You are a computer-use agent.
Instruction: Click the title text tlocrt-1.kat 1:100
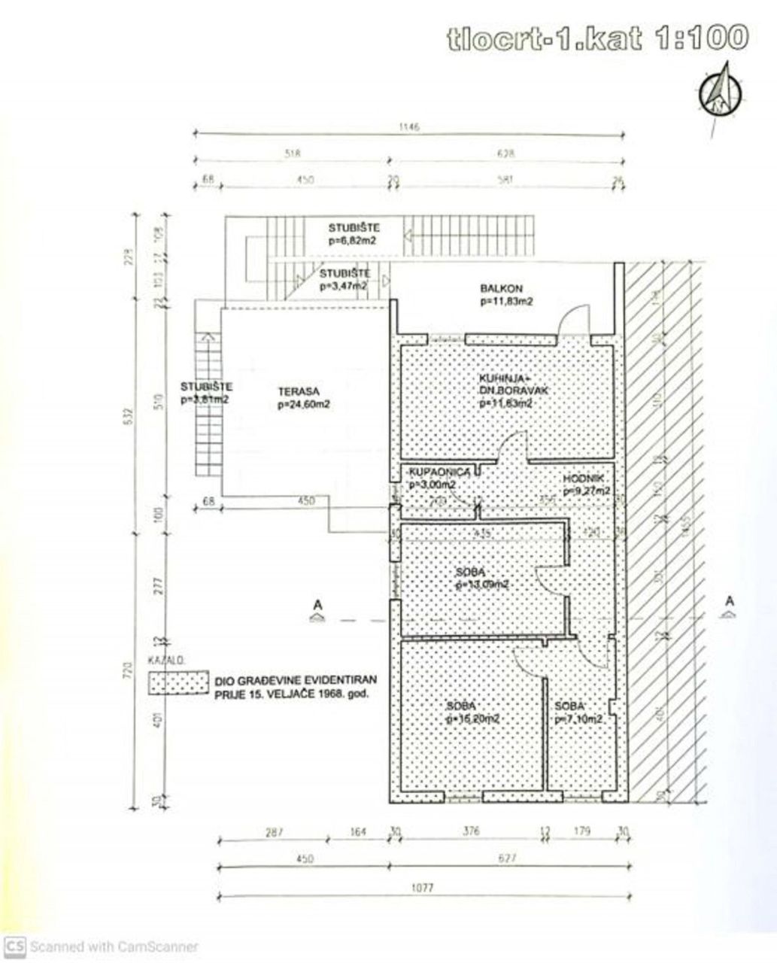pyautogui.click(x=597, y=39)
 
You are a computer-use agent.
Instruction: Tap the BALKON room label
pyautogui.click(x=502, y=288)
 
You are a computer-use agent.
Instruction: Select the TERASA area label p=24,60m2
pyautogui.click(x=305, y=404)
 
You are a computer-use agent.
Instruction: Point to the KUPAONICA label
pyautogui.click(x=439, y=472)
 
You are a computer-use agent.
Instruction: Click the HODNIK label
pyautogui.click(x=583, y=479)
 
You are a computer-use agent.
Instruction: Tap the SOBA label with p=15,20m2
pyautogui.click(x=460, y=707)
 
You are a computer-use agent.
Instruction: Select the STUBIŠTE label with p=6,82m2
pyautogui.click(x=353, y=228)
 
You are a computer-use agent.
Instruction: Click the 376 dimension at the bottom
pyautogui.click(x=470, y=831)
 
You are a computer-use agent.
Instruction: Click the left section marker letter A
pyautogui.click(x=317, y=603)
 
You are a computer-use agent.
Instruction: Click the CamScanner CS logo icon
pyautogui.click(x=14, y=946)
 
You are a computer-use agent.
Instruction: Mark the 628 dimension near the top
pyautogui.click(x=506, y=153)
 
